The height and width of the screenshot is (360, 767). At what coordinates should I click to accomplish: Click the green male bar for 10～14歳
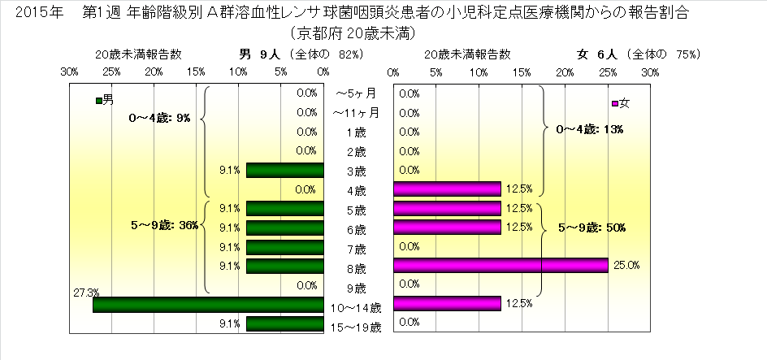coord(208,305)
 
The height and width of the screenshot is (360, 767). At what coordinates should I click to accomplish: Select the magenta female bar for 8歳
coord(500,265)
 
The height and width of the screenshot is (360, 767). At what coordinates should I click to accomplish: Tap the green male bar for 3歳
coord(284,170)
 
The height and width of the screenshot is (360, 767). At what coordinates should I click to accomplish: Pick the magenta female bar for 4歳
coord(447,189)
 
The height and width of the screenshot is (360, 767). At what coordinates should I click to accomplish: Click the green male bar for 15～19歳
coord(284,324)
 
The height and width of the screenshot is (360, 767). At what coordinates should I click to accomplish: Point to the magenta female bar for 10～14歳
coord(447,303)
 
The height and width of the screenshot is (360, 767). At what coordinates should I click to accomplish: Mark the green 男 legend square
coord(98,101)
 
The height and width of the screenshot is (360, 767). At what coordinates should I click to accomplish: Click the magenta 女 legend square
coord(614,103)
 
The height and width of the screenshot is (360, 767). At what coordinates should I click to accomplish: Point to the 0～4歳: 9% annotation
coord(159,118)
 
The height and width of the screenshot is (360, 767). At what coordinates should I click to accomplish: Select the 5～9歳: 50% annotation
coord(591,227)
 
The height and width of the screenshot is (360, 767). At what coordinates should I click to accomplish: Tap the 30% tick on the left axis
coord(70,72)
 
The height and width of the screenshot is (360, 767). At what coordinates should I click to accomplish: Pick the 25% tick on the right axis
coord(607,72)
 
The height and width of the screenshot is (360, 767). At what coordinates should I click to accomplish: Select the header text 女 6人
coord(598,54)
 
